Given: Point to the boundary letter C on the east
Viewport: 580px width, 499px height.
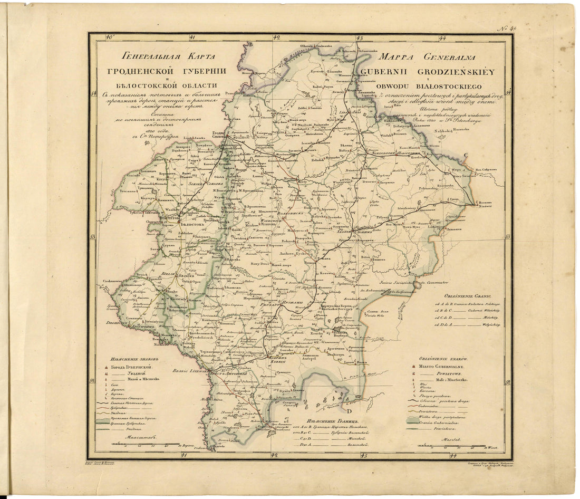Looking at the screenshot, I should (x=465, y=155).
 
